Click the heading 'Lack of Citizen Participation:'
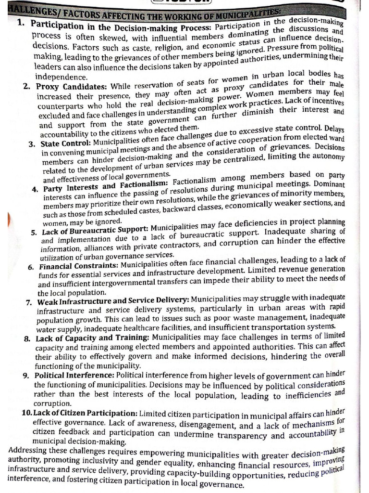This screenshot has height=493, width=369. [86, 414]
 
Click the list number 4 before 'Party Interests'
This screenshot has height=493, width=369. [35, 189]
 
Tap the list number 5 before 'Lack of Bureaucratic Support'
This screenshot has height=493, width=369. [34, 233]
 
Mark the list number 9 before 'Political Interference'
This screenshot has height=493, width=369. [25, 376]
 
